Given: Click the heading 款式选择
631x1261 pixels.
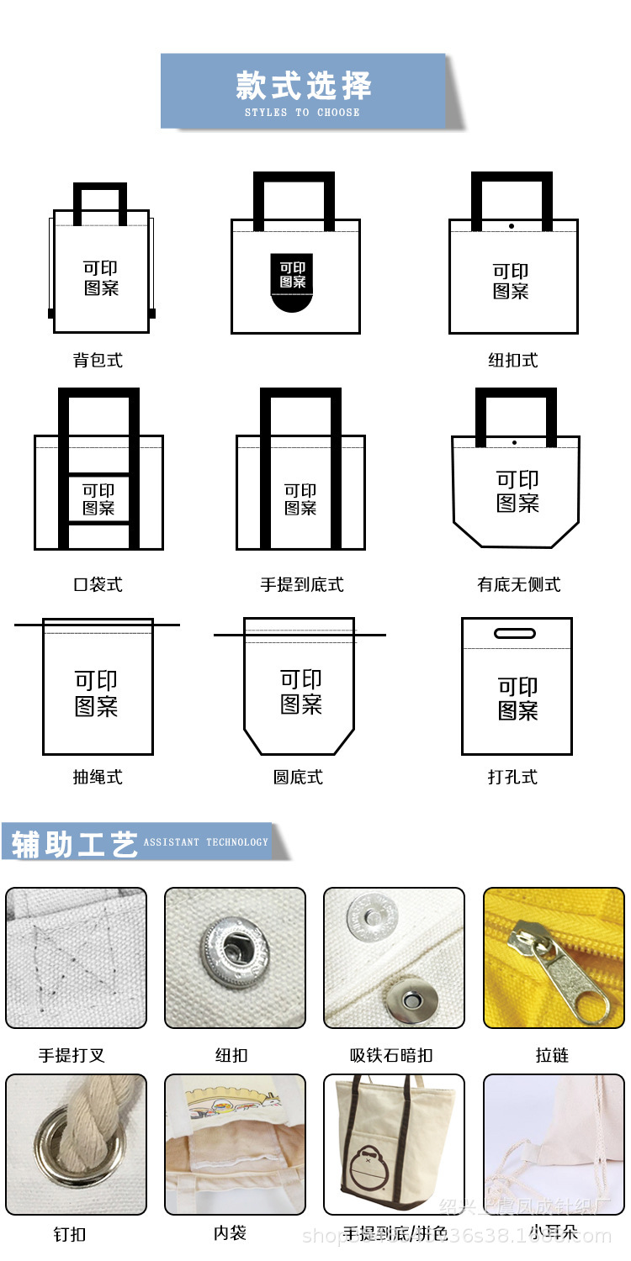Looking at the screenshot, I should [303, 86].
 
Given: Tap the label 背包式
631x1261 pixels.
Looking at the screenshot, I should [98, 361].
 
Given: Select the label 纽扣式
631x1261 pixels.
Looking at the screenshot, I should [512, 361].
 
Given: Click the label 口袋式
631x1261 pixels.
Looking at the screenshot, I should [98, 584].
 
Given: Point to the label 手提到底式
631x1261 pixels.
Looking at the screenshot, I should [302, 584].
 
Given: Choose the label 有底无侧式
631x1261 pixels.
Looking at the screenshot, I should [518, 584].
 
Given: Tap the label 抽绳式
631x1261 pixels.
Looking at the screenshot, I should [98, 778].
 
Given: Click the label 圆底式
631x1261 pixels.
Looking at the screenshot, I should [298, 778].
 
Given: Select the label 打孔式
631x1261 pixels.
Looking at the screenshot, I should [512, 778].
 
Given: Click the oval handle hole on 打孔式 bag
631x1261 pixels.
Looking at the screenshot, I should [514, 633].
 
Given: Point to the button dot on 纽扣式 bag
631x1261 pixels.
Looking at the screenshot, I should [512, 225].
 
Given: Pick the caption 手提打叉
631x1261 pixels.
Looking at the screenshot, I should [72, 1055].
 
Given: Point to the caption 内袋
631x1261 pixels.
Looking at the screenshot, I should [230, 1233].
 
